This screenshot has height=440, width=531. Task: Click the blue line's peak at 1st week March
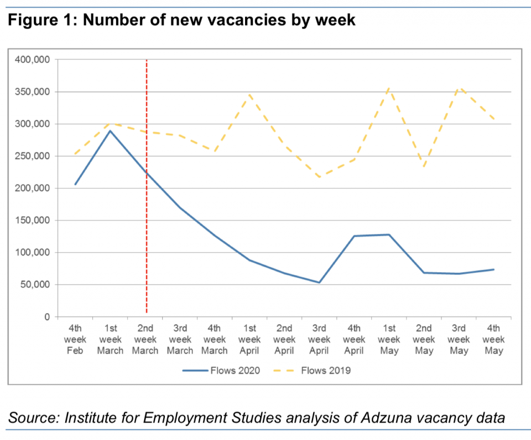pos(111,131)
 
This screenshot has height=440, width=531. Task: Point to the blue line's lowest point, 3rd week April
pos(319,283)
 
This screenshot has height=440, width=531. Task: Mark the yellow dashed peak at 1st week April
pos(250,94)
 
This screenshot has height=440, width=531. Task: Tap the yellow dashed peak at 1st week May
pos(389,88)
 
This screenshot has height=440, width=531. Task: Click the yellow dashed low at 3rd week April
pos(319,177)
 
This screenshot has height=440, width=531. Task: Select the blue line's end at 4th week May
pos(493,269)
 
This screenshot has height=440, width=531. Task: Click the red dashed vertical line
pos(147,222)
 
